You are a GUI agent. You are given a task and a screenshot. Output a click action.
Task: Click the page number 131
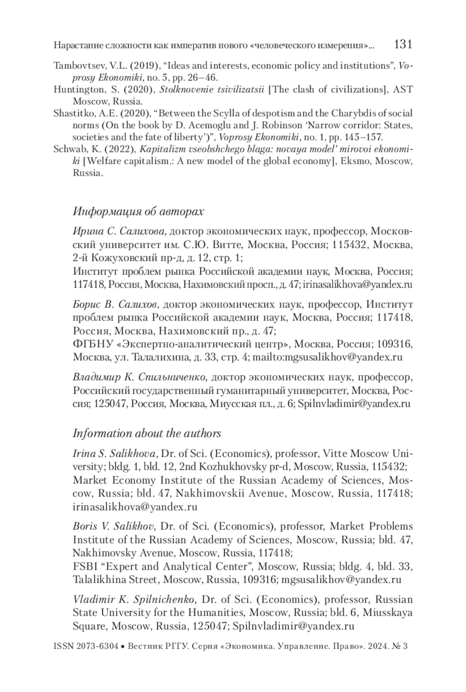403,44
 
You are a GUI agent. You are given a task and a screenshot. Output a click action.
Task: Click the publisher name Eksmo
355,161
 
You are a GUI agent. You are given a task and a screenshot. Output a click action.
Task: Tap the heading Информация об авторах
138,212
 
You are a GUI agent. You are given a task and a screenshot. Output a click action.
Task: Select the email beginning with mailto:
327,357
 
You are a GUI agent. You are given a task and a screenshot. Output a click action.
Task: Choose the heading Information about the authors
147,433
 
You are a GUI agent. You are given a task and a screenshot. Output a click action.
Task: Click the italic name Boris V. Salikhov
115,526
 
